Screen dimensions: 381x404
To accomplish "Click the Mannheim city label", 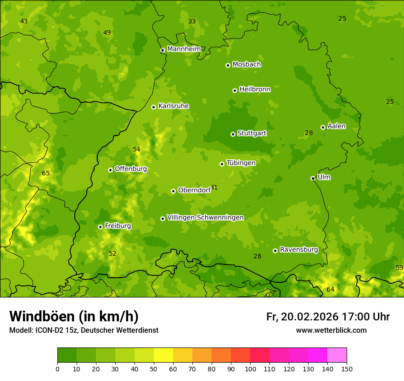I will point(184,49).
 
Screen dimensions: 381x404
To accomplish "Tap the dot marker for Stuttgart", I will point(233,134).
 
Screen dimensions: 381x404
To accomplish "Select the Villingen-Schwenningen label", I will point(205,218).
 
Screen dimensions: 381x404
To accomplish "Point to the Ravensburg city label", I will point(299,250).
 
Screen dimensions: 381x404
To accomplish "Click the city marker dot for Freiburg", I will point(100,227).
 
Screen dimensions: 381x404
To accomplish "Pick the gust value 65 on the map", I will point(46,173).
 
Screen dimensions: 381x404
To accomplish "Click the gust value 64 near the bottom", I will point(331,289).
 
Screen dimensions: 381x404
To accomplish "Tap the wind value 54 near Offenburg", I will point(136,149).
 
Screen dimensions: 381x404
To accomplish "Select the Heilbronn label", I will point(255,90).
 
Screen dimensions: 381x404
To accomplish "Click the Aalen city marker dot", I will point(323,127).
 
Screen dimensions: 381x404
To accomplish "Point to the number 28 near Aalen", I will point(309,133).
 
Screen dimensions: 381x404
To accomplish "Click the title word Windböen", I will point(41,317).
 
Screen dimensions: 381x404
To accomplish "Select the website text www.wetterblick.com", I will point(331,331).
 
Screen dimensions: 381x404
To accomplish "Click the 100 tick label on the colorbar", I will point(250,369).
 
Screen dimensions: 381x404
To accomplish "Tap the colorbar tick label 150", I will point(347,369).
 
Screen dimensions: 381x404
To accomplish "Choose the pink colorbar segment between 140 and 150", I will point(337,355).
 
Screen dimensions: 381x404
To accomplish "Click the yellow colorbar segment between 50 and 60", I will point(163,355).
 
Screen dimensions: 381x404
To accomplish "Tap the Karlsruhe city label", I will point(174,106).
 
